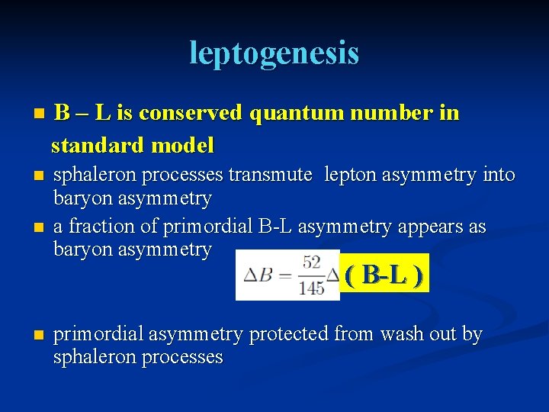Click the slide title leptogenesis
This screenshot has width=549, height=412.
tap(274, 53)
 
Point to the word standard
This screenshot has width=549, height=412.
tap(99, 144)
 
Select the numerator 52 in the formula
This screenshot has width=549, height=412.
tap(311, 262)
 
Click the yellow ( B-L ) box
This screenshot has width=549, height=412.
tap(385, 274)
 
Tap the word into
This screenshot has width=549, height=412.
tap(499, 175)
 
